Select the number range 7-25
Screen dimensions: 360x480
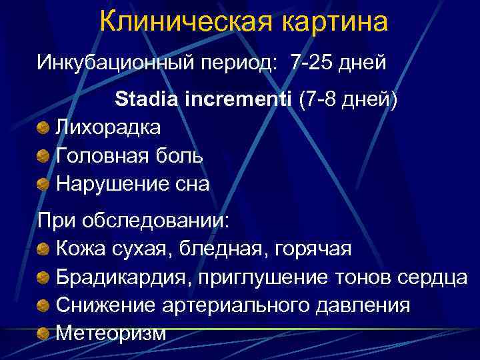coord(312,63)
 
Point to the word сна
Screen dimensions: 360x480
coord(190,183)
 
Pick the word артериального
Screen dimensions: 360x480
coord(219,305)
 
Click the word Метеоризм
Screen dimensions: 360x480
coord(111,332)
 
